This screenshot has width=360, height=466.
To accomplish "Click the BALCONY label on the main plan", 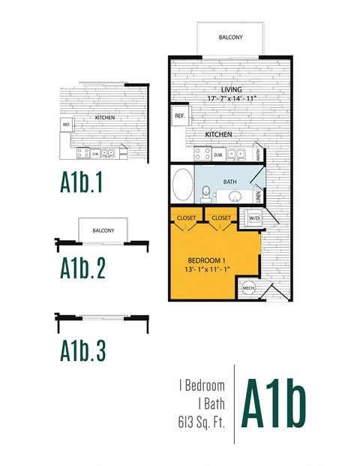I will pyautogui.click(x=230, y=37).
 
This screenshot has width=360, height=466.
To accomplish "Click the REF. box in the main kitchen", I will pyautogui.click(x=180, y=116).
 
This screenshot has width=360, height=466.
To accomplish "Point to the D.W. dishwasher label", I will pyautogui.click(x=218, y=155).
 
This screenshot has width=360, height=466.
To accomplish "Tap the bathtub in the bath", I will pyautogui.click(x=182, y=184).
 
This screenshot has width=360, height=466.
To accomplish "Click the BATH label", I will pyautogui.click(x=230, y=182).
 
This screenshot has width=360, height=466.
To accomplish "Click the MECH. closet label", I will pyautogui.click(x=248, y=288).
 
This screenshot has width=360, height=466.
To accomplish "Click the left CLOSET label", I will pyautogui.click(x=186, y=218).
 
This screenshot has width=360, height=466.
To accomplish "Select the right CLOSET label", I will pyautogui.click(x=221, y=218).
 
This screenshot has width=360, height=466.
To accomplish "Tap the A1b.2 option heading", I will pyautogui.click(x=85, y=267).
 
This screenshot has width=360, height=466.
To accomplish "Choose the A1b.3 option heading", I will pyautogui.click(x=85, y=350).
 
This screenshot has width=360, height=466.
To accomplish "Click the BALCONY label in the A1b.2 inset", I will pyautogui.click(x=103, y=230).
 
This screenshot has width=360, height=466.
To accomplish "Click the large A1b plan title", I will pyautogui.click(x=273, y=405).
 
